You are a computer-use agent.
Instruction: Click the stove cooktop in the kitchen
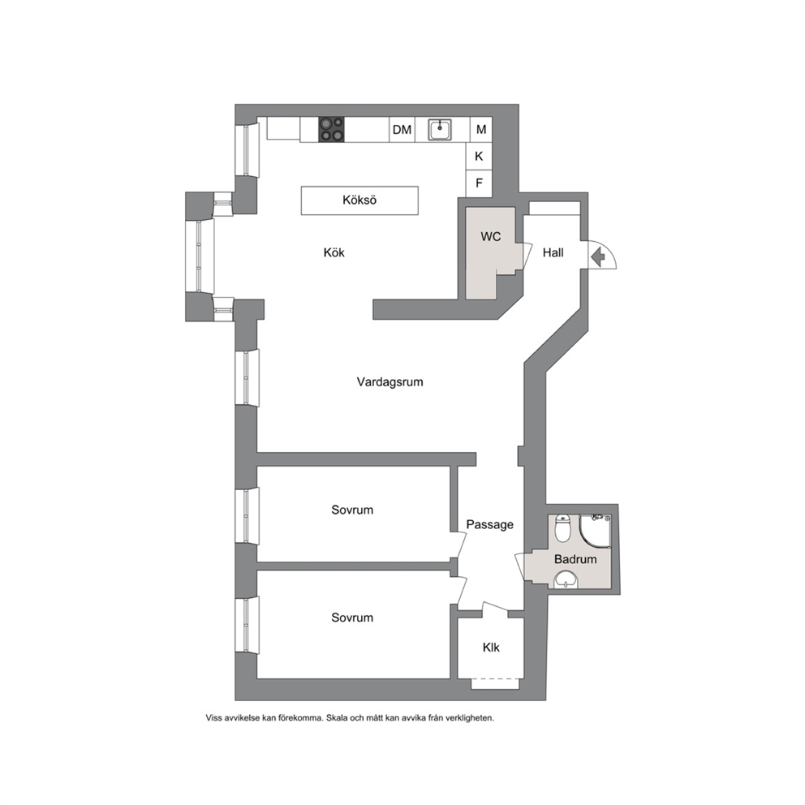[x=332, y=129]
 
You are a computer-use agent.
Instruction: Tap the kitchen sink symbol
[x=440, y=129]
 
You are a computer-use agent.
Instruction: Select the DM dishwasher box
[x=402, y=129]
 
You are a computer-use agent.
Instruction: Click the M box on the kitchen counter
[x=481, y=129]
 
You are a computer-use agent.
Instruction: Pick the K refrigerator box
[x=479, y=156]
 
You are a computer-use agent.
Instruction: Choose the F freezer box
[x=479, y=183]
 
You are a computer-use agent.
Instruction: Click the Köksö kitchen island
[x=359, y=200]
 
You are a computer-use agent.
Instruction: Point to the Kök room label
[x=334, y=252]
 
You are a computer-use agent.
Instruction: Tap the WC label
[x=491, y=237]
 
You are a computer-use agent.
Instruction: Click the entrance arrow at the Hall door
[x=597, y=256]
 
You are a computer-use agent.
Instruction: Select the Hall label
[x=553, y=252]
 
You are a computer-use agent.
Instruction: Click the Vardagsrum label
[x=390, y=382]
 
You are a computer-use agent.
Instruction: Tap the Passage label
[x=490, y=525]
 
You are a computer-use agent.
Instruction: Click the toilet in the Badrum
[x=563, y=528]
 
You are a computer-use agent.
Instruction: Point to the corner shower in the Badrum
[x=596, y=532]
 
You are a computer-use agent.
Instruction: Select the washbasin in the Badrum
[x=566, y=580]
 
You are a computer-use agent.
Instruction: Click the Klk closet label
[x=491, y=648]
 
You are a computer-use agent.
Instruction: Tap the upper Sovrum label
[x=352, y=510]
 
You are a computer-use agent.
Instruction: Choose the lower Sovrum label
[x=352, y=618]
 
